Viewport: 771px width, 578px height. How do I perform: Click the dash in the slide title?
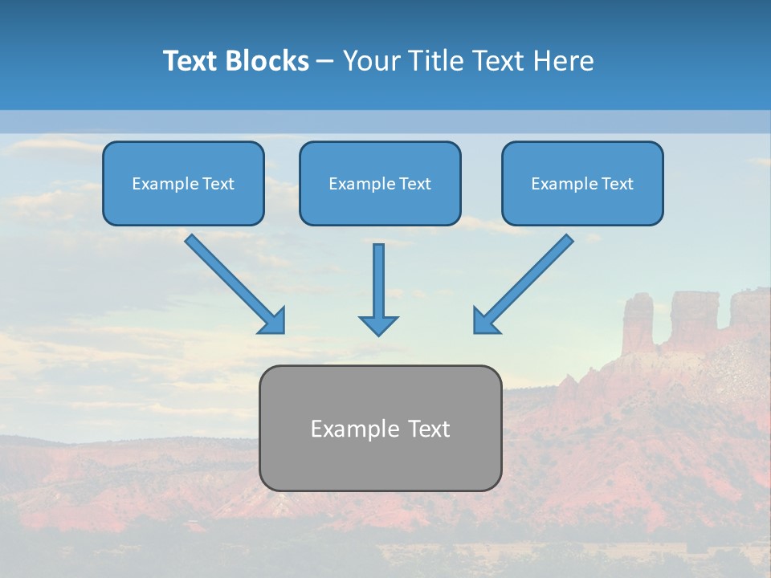click(x=325, y=62)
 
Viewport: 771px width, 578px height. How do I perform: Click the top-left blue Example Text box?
click(x=183, y=184)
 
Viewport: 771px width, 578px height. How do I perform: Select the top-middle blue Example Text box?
click(x=380, y=184)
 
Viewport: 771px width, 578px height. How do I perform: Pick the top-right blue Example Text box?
click(x=582, y=184)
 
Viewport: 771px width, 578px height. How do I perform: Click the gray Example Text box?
click(x=380, y=428)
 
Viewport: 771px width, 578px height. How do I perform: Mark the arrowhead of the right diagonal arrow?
click(x=485, y=322)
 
